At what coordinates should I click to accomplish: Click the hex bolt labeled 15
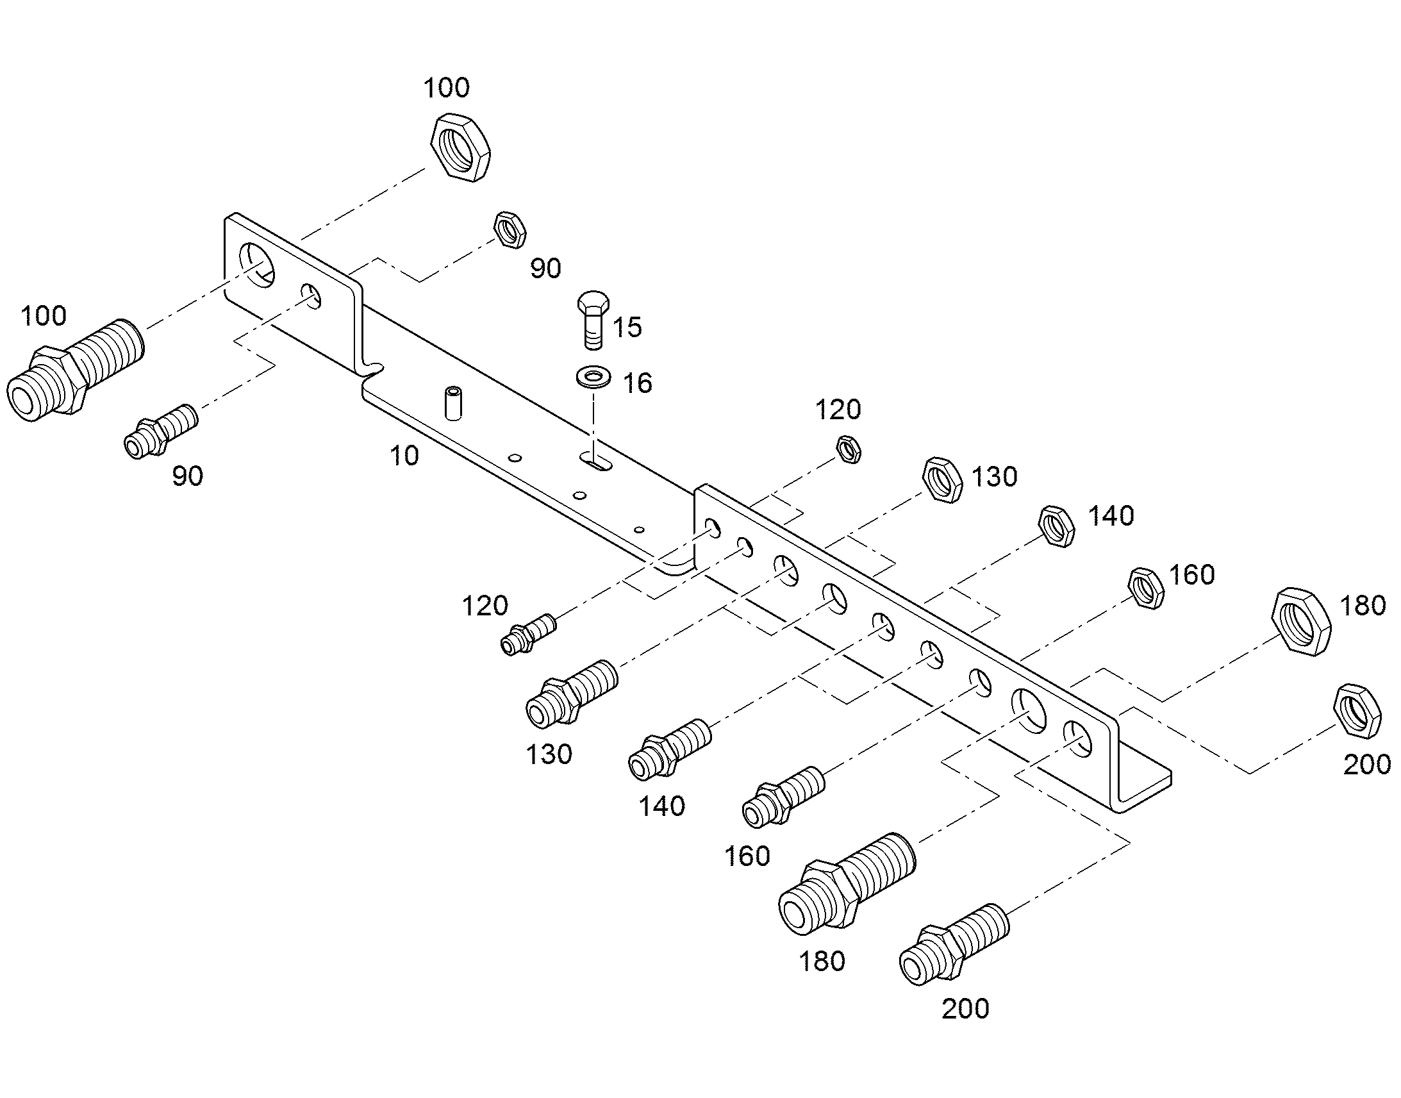coord(593,319)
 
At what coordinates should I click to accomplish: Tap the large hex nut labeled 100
coord(460,147)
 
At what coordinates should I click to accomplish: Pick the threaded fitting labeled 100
coord(75,370)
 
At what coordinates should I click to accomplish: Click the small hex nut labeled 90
coord(510,228)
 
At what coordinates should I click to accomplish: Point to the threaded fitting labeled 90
coord(161,431)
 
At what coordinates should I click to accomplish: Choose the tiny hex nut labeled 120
coord(849,448)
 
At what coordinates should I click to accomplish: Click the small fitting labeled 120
coord(528,634)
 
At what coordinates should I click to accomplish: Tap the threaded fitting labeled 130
coord(571,694)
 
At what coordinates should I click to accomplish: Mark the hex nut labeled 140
coord(1057,526)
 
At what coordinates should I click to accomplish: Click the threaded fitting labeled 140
coord(669,749)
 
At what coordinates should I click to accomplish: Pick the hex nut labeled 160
coord(1147,588)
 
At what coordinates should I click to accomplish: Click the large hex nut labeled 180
coord(1302,621)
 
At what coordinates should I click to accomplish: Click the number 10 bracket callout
coord(404,455)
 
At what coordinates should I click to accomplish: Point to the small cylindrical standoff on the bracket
coord(453,403)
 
